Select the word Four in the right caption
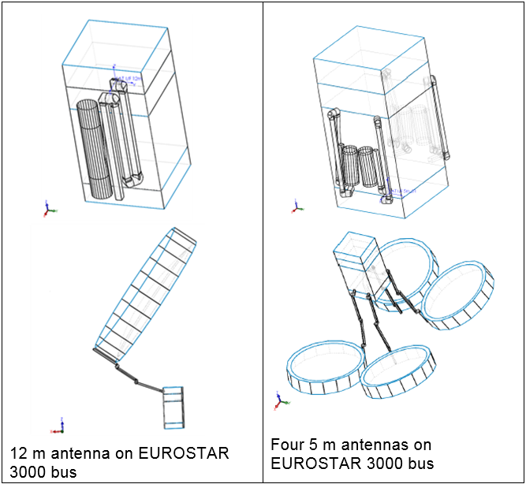pos(285,445)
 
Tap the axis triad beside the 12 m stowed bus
pos(48,209)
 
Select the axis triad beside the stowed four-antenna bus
pos(297,207)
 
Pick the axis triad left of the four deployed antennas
pos(280,400)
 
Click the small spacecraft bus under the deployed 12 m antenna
pos(172,407)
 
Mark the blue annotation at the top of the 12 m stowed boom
pos(128,79)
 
